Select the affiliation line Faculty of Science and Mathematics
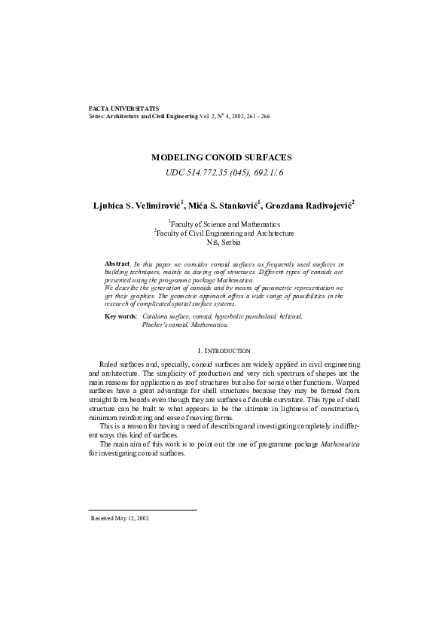224,224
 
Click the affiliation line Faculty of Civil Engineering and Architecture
224,233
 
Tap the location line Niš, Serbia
224,242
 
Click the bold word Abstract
117,264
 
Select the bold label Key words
120,317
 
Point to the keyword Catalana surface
164,317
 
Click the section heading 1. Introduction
224,351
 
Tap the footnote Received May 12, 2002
120,519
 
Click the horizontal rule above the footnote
142,511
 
